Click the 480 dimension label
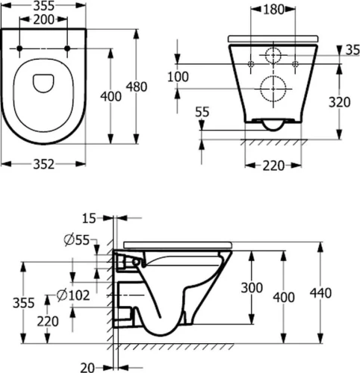pyautogui.click(x=136, y=87)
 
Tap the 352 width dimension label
pyautogui.click(x=43, y=164)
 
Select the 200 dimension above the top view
pyautogui.click(x=43, y=19)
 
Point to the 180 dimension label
pyautogui.click(x=273, y=10)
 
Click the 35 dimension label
pyautogui.click(x=353, y=50)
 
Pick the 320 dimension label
pyautogui.click(x=339, y=102)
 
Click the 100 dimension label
pyautogui.click(x=178, y=77)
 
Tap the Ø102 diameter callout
pyautogui.click(x=73, y=295)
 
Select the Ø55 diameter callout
pyautogui.click(x=76, y=240)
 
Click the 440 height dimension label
pyautogui.click(x=320, y=293)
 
